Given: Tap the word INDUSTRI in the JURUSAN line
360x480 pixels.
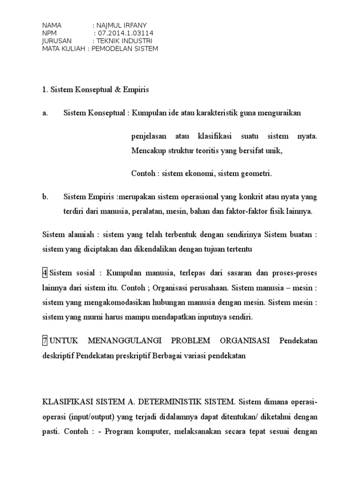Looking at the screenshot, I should tap(136, 41).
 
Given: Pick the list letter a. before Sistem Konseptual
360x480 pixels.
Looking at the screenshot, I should tap(45, 113).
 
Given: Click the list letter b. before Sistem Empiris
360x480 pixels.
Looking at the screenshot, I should tap(45, 197).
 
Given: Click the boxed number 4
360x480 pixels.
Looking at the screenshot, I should tap(45, 272).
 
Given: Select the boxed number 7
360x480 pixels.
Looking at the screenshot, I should tap(45, 341).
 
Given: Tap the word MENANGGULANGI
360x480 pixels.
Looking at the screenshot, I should tap(123, 341).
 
